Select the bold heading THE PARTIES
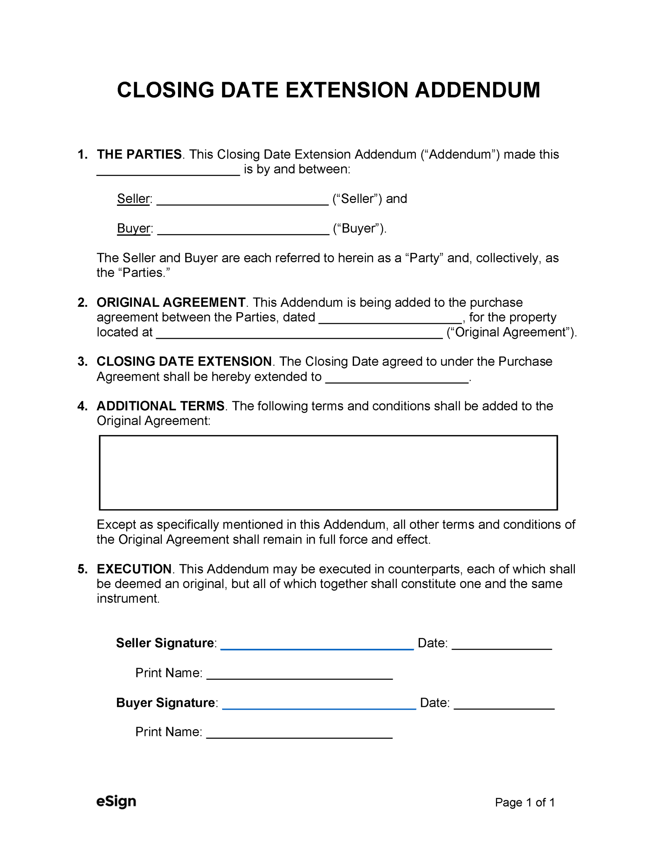tap(139, 154)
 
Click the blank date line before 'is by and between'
tap(168, 171)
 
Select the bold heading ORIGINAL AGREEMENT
tap(171, 302)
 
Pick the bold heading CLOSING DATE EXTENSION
tap(184, 361)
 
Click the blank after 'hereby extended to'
tap(396, 379)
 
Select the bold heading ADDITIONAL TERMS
tap(161, 406)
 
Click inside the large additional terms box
tap(328, 472)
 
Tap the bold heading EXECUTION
tap(134, 569)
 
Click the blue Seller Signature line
tap(317, 645)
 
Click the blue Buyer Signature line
tap(319, 705)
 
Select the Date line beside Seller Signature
tap(501, 645)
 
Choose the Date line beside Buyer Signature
tap(504, 705)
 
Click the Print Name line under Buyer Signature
tap(299, 734)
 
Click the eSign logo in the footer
tap(116, 802)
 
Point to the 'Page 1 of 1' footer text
tap(524, 803)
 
